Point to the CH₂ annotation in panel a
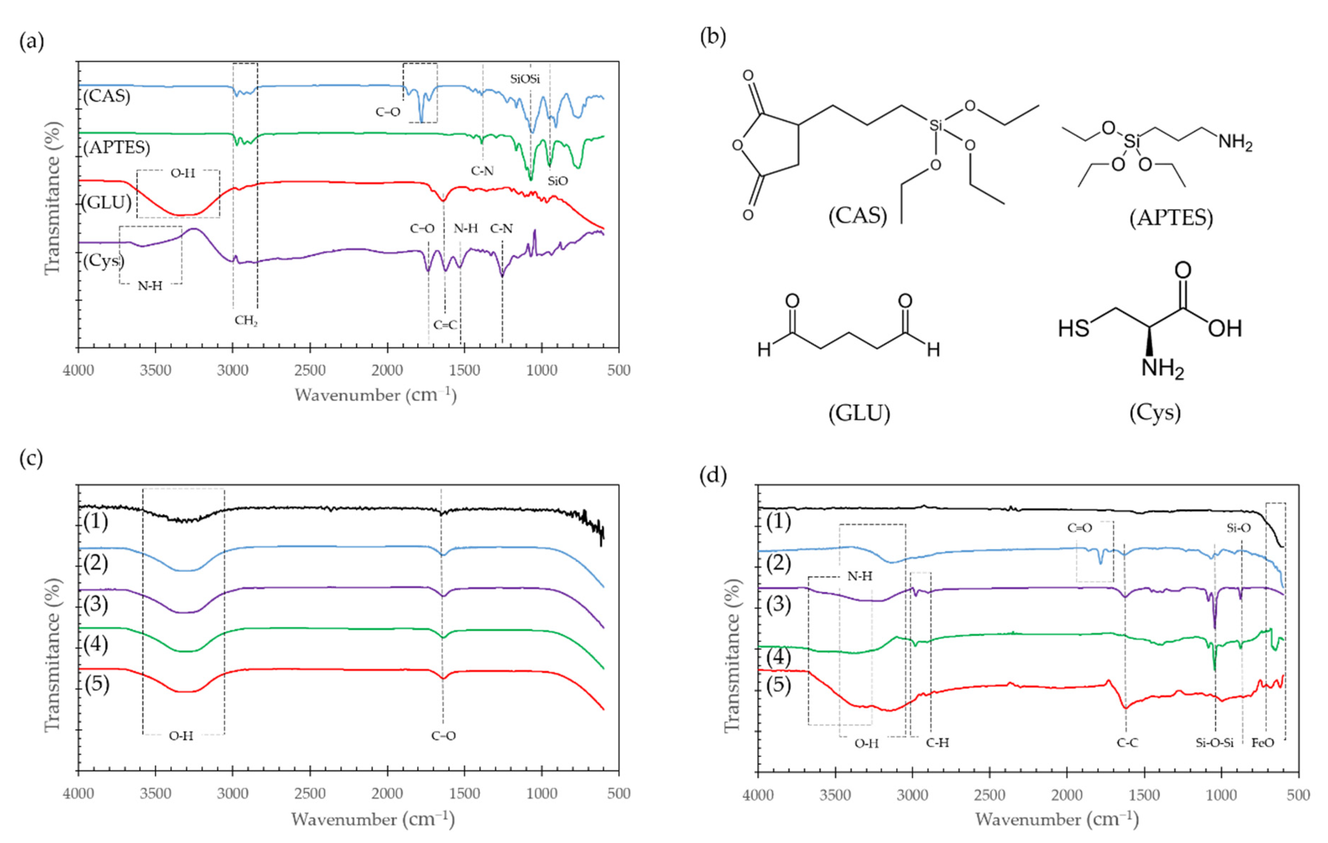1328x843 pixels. (246, 321)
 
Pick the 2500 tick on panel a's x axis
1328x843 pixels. (310, 370)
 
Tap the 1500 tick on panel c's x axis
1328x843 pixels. (464, 794)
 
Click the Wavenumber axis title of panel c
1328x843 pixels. (373, 819)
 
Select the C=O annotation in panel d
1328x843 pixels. (1079, 528)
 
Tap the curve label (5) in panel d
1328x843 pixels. (778, 685)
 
